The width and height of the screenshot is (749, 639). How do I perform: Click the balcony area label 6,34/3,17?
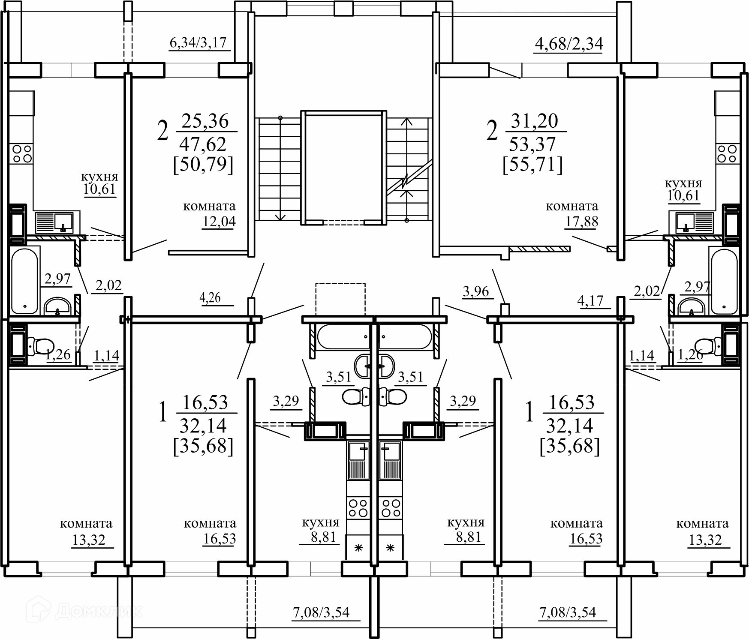pos(198,43)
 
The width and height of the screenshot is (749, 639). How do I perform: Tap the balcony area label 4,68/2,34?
pos(569,43)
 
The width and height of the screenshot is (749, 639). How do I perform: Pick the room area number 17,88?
pos(581,222)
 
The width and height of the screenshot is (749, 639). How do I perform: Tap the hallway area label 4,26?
pos(210,297)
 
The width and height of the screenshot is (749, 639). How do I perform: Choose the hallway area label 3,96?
pos(476,291)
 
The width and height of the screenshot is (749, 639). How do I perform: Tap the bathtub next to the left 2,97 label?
pos(25,281)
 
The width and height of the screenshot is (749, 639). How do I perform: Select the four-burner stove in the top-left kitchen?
pos(22,153)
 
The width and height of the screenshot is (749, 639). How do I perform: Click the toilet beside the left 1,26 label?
pos(39,345)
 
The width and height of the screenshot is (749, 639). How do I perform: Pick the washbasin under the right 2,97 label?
pos(691,306)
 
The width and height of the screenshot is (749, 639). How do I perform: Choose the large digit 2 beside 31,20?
pos(492,130)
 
